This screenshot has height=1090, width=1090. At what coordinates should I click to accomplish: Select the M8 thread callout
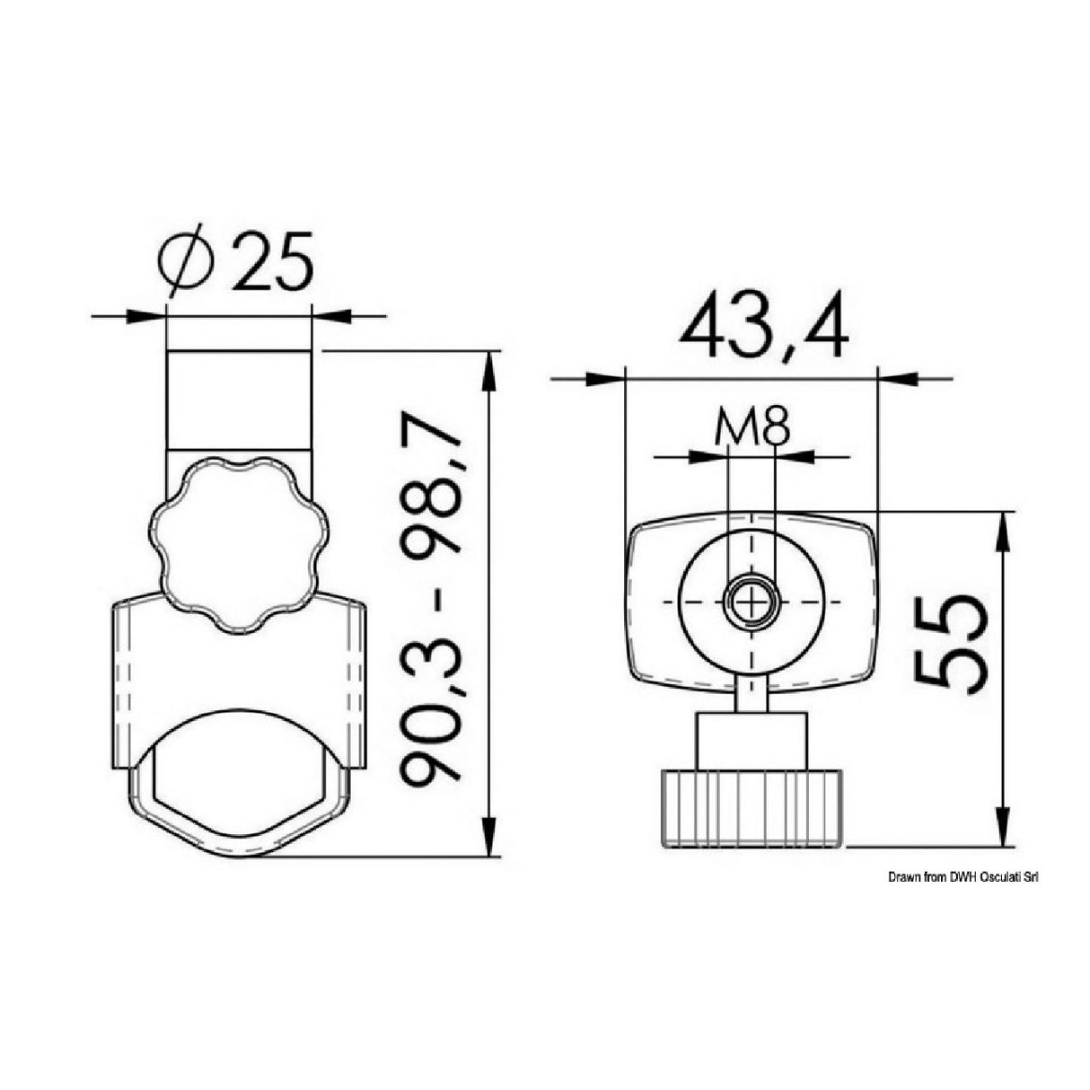click(x=752, y=427)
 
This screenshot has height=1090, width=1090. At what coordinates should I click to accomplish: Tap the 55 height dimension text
click(x=951, y=643)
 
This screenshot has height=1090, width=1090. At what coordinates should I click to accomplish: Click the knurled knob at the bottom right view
click(x=753, y=806)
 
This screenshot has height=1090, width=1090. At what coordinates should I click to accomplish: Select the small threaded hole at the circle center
click(x=751, y=602)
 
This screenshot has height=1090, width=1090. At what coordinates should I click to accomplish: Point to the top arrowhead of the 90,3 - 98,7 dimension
click(x=488, y=368)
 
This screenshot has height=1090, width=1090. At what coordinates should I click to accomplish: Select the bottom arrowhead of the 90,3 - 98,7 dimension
click(x=488, y=839)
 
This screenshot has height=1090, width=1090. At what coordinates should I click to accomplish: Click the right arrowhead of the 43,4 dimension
click(x=898, y=379)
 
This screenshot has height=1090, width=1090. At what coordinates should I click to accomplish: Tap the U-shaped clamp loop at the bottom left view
click(x=239, y=813)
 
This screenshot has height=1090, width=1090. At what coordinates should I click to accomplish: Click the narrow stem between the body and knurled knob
click(x=752, y=694)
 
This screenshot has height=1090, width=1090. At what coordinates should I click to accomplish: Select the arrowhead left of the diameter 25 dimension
click(x=148, y=316)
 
